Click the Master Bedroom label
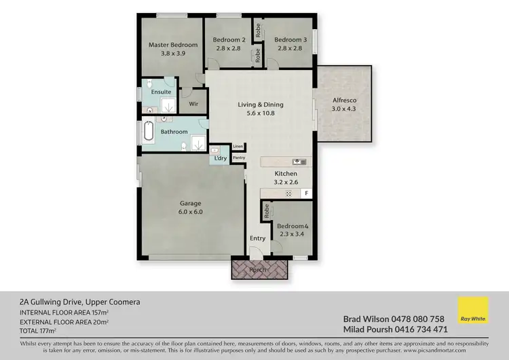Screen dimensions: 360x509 pyautogui.click(x=173, y=45)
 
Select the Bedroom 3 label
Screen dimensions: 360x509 pyautogui.click(x=290, y=39)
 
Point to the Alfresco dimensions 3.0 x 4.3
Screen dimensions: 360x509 pyautogui.click(x=343, y=109)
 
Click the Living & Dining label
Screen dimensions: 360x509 pyautogui.click(x=260, y=105)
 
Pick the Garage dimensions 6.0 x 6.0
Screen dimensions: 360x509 pyautogui.click(x=191, y=212)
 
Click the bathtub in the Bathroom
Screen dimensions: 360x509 pyautogui.click(x=148, y=132)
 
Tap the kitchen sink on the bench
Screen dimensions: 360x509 pyautogui.click(x=299, y=162)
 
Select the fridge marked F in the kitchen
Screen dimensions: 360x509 pyautogui.click(x=307, y=194)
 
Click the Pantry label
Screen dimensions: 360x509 pyautogui.click(x=238, y=158)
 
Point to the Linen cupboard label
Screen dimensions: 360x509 pyautogui.click(x=238, y=146)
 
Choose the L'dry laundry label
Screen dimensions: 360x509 pyautogui.click(x=221, y=158)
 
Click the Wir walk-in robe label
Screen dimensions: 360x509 pyautogui.click(x=193, y=104)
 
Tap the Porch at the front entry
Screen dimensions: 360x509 pyautogui.click(x=260, y=269)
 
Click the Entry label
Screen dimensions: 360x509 pyautogui.click(x=257, y=238)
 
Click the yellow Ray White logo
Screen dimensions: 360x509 pyautogui.click(x=473, y=314)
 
